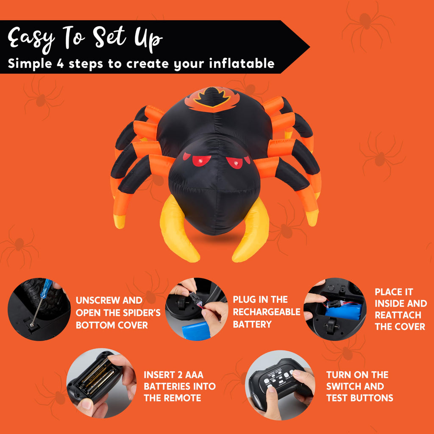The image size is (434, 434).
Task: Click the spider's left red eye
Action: [x=201, y=161]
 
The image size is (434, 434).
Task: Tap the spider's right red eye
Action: [x=235, y=162]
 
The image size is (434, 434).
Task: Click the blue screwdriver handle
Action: [x=46, y=288]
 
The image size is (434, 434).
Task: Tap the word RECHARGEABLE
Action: [x=267, y=312]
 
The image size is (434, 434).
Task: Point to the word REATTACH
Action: [x=398, y=315]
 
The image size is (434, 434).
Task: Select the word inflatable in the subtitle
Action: [x=242, y=64]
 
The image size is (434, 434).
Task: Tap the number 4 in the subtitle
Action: [x=60, y=64]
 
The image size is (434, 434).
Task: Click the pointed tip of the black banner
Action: [x=309, y=47]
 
